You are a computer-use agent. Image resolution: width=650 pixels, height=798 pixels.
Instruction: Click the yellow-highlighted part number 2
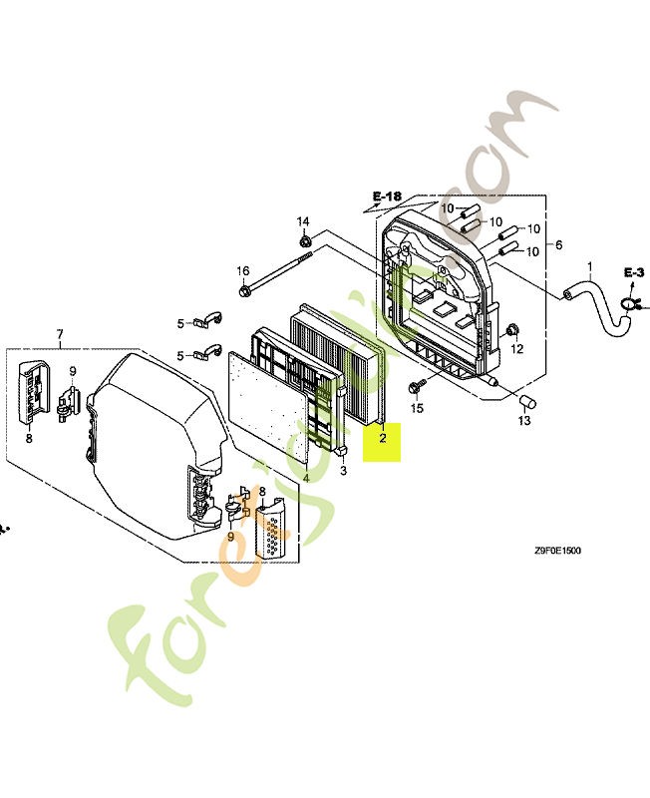pos(382,437)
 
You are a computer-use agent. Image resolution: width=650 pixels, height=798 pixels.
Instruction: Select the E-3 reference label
pos(635,271)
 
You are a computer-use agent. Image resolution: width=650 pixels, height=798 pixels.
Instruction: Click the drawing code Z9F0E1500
pos(556,550)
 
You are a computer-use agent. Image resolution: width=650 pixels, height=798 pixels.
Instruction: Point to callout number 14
pos(303,220)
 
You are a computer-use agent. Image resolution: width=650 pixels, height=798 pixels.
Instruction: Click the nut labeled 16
pos(244,291)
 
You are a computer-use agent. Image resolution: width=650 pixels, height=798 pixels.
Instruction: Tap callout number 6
pos(558,245)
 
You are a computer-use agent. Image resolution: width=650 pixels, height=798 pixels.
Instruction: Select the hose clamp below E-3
pos(629,305)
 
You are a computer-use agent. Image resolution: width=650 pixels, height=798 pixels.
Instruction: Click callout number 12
pos(516,349)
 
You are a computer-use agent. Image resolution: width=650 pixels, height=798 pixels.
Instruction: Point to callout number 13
pos(524,421)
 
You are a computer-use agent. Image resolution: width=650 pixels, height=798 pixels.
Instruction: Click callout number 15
pos(417,407)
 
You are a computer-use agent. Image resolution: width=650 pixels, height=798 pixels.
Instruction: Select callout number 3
pos(343,469)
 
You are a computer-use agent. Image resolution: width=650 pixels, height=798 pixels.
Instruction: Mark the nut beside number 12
pos(511,329)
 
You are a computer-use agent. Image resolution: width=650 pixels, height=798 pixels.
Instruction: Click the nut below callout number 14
pos(305,240)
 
